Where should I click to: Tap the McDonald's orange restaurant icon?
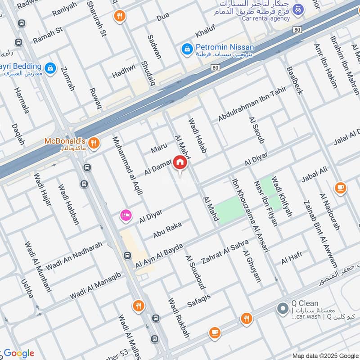[x=94, y=144]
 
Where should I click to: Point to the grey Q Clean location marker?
[x=283, y=309]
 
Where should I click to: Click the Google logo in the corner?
[x=19, y=353]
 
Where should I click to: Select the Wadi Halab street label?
[x=197, y=136]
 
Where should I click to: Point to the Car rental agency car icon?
[x=297, y=9]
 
